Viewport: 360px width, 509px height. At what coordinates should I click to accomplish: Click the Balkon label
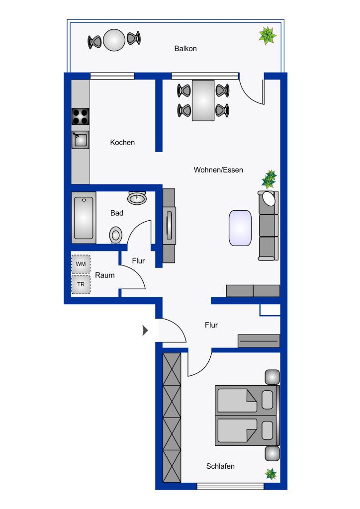(185, 49)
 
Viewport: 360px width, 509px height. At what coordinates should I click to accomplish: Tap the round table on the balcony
(114, 40)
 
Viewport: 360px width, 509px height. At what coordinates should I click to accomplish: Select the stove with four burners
(81, 116)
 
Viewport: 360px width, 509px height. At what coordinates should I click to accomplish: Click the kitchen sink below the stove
(80, 140)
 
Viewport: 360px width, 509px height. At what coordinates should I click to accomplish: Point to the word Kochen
(122, 143)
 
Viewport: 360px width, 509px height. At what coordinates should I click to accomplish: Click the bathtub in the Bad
(83, 217)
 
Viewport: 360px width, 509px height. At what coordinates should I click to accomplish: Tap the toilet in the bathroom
(116, 234)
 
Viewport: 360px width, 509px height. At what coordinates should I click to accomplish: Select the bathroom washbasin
(137, 198)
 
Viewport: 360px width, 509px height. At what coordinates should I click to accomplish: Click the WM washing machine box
(81, 264)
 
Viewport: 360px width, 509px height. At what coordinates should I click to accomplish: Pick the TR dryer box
(81, 285)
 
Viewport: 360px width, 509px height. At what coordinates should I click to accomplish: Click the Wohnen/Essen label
(218, 170)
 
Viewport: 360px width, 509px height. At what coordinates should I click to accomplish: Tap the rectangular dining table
(203, 100)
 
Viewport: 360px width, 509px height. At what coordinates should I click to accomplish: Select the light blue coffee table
(240, 228)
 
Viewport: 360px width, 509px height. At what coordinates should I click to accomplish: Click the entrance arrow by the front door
(145, 331)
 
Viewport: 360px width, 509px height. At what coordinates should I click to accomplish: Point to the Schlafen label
(220, 466)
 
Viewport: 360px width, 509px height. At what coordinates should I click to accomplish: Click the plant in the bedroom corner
(270, 474)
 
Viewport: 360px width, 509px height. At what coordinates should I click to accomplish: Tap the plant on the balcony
(268, 36)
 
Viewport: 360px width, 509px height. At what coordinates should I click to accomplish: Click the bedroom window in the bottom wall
(230, 487)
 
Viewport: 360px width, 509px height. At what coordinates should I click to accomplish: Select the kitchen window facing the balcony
(112, 76)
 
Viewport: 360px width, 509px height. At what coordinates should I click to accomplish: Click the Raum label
(105, 274)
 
